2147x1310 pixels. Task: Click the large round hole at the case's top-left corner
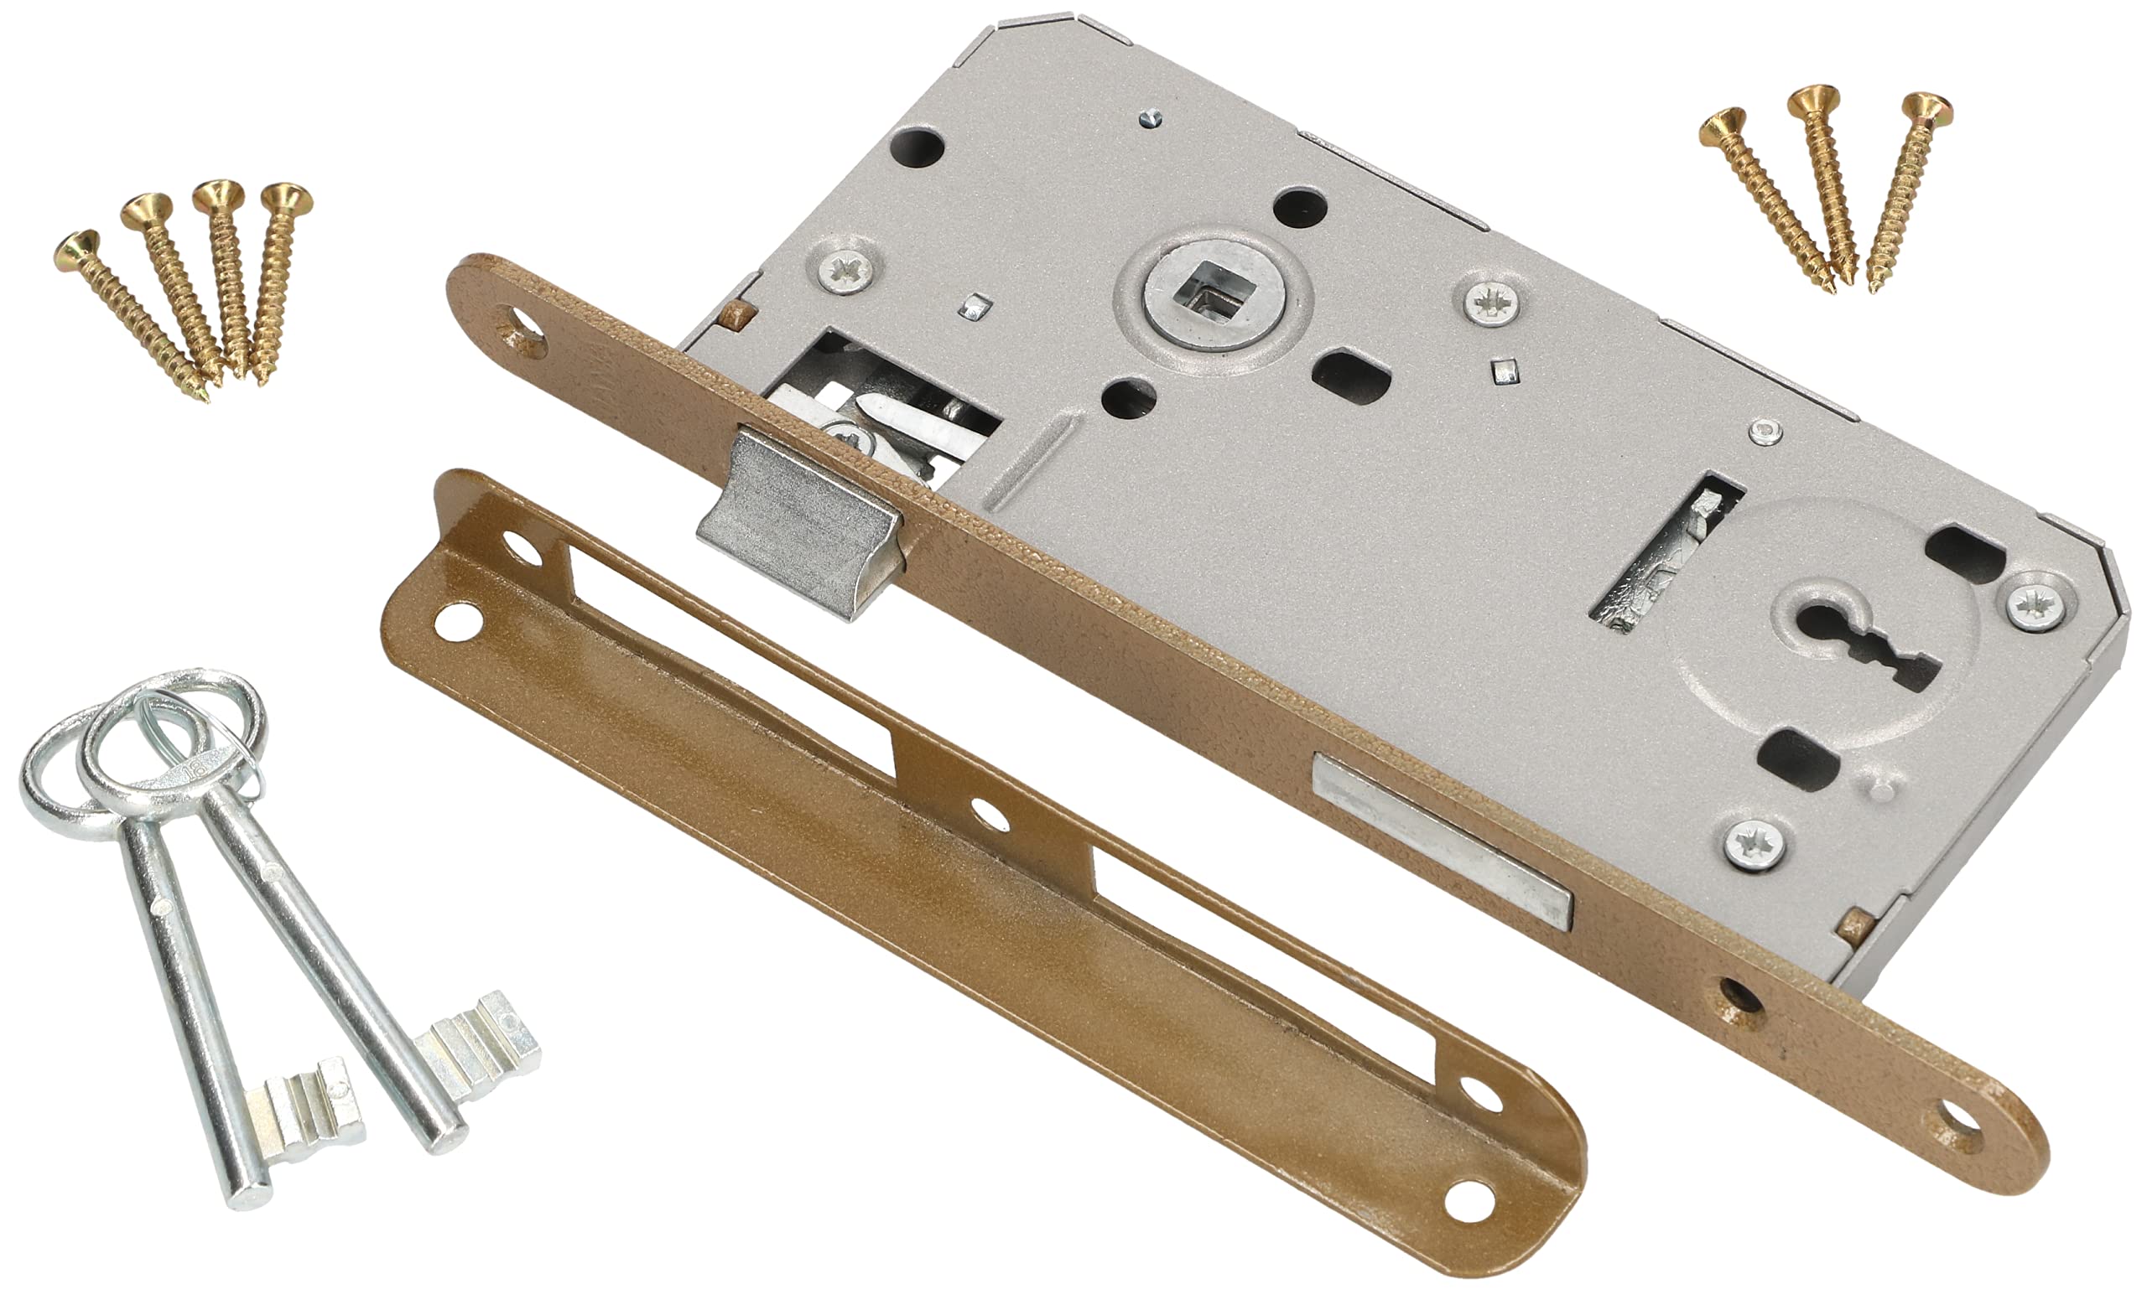[919, 146]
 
